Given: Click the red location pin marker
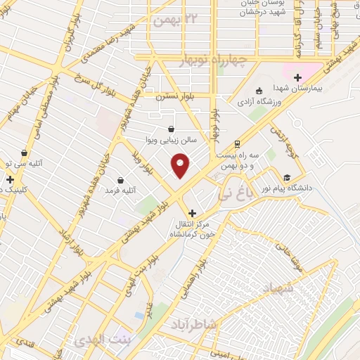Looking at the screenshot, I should (181, 166).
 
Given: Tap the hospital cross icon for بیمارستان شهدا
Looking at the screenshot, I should (297, 77).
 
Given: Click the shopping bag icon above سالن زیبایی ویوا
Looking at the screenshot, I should (172, 129).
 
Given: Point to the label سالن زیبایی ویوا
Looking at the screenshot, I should (172, 140).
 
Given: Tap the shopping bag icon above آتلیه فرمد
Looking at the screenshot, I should (121, 180).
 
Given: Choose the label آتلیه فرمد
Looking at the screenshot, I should (120, 191).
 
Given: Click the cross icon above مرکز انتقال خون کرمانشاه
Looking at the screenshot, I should (192, 212).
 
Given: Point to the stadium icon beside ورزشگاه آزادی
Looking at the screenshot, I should (259, 91).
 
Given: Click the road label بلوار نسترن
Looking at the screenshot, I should (173, 96).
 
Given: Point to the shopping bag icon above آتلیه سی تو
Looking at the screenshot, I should (25, 152).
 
